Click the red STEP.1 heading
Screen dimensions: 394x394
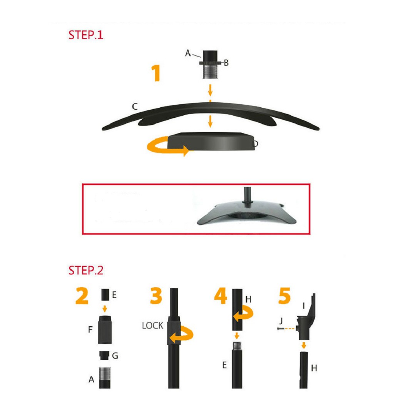click(x=86, y=35)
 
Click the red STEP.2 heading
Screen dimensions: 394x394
click(x=86, y=270)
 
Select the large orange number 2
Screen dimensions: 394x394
click(x=82, y=296)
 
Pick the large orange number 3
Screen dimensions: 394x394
click(x=156, y=296)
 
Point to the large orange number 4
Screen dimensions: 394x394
click(x=220, y=296)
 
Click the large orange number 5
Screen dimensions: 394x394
click(x=284, y=296)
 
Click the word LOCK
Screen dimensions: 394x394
click(x=152, y=326)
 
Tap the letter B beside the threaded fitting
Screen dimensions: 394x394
click(x=226, y=63)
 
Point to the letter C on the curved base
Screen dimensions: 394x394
click(x=135, y=107)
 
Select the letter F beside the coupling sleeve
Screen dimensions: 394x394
click(x=90, y=329)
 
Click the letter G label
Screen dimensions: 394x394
click(x=115, y=356)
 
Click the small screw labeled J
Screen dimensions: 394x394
click(x=280, y=329)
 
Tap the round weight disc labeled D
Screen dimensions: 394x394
click(x=211, y=142)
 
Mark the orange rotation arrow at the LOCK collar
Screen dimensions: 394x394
click(x=182, y=334)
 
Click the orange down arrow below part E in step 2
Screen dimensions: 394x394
click(x=105, y=309)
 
